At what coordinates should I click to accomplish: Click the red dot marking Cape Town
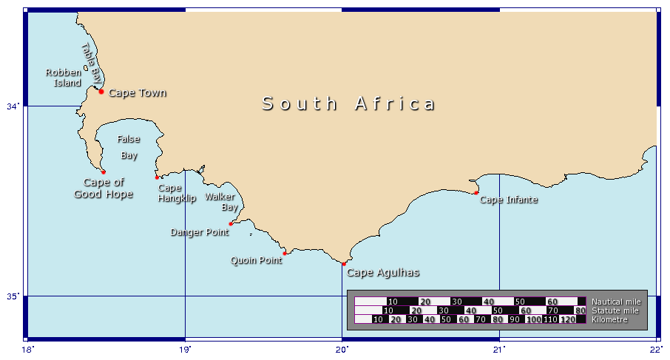(101, 92)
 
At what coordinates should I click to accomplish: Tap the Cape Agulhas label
(383, 273)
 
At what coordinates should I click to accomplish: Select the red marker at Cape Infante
(476, 193)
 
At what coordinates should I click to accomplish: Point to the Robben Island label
(64, 78)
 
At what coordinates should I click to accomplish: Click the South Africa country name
(349, 103)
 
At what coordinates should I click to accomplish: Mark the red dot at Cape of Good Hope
(104, 172)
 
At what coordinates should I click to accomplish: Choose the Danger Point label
(200, 232)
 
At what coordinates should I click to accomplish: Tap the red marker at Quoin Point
(285, 254)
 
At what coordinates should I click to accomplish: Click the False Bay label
(129, 147)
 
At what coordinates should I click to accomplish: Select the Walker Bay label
(220, 202)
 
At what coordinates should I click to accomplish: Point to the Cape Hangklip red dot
(158, 177)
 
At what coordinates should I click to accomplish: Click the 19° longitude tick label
(185, 350)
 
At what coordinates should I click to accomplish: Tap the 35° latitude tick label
(13, 296)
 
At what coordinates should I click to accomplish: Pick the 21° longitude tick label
(500, 350)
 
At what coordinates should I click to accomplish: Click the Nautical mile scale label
(616, 302)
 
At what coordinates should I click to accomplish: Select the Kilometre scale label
(610, 319)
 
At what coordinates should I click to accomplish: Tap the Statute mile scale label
(614, 310)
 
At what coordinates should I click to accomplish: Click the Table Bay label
(91, 61)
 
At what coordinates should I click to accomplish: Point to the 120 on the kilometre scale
(567, 319)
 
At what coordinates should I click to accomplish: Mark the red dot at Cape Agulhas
(344, 264)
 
